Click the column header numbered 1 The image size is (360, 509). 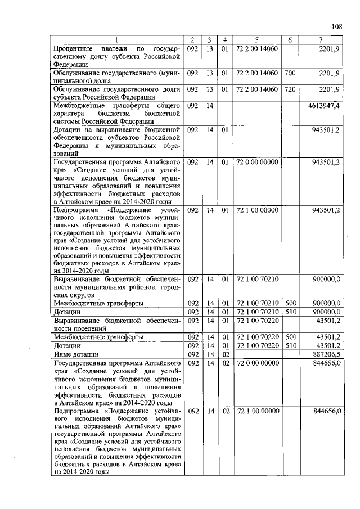pyautogui.click(x=116, y=40)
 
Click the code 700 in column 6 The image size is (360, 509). pyautogui.click(x=290, y=74)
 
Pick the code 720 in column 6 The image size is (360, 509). pyautogui.click(x=290, y=89)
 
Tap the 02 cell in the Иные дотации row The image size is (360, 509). pyautogui.click(x=224, y=355)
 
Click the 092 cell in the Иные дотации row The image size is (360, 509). pyautogui.click(x=192, y=355)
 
